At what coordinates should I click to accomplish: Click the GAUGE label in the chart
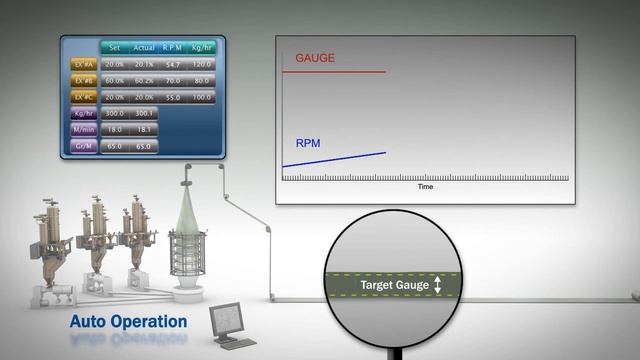coord(315,58)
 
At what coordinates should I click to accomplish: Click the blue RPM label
coord(308,143)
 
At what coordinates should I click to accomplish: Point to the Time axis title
coord(425,187)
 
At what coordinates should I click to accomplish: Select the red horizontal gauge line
coord(334,71)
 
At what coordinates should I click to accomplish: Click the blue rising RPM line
coord(334,159)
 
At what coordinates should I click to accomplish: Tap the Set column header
coord(114,47)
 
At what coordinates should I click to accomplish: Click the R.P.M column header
coord(173,47)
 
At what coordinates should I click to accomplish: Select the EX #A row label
coord(84,63)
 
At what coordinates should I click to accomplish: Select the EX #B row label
coord(84,80)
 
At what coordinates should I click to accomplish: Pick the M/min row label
coord(84,129)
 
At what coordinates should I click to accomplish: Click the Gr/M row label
coord(84,146)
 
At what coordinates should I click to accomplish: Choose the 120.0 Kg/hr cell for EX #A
coord(202,63)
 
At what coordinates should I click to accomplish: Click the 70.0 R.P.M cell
coord(173,80)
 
